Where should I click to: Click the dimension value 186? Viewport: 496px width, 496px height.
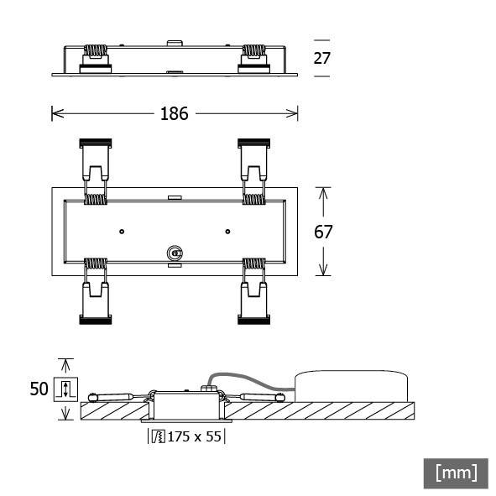pyautogui.click(x=175, y=113)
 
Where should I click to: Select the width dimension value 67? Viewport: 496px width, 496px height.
pyautogui.click(x=323, y=232)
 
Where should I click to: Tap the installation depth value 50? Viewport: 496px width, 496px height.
pyautogui.click(x=39, y=389)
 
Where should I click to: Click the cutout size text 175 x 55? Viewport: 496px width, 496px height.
pyautogui.click(x=193, y=436)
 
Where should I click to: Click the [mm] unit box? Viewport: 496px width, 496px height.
pyautogui.click(x=455, y=473)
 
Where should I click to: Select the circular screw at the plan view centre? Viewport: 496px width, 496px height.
pyautogui.click(x=175, y=253)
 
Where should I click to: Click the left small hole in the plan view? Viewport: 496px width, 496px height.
pyautogui.click(x=122, y=231)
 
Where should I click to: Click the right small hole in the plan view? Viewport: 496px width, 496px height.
pyautogui.click(x=227, y=231)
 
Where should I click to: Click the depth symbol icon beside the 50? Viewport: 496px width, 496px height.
pyautogui.click(x=65, y=389)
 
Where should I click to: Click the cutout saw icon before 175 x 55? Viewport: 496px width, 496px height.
pyautogui.click(x=157, y=436)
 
